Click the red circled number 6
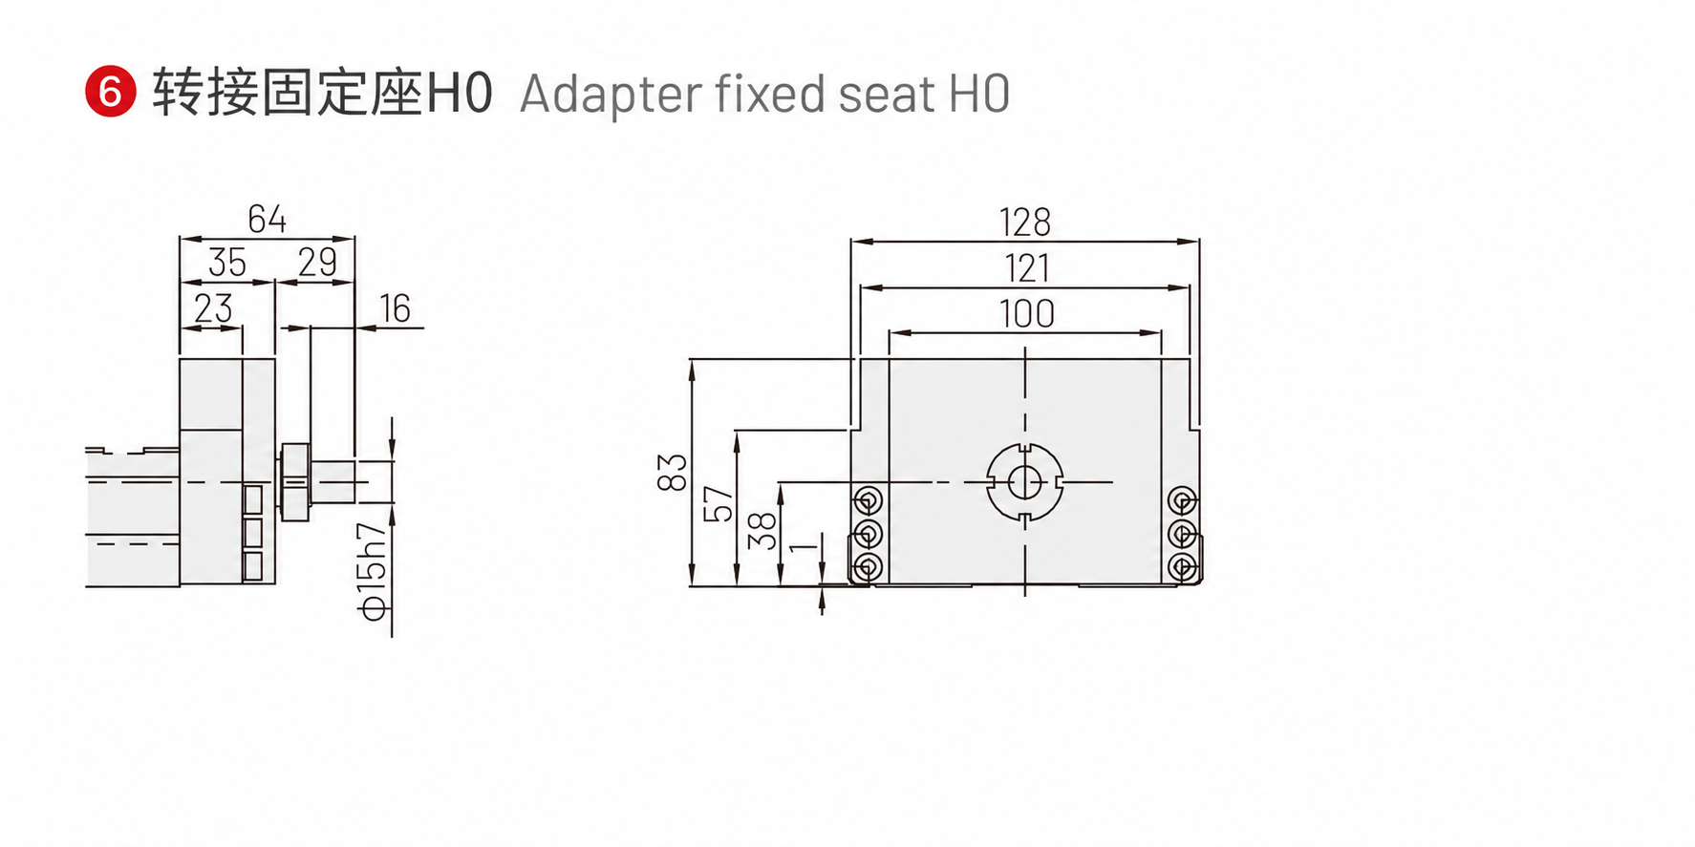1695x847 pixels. [111, 93]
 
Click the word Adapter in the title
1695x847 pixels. [611, 95]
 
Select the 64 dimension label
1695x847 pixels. [267, 219]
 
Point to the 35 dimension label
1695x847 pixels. [227, 262]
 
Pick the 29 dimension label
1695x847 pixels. [317, 262]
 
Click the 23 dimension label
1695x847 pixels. [213, 308]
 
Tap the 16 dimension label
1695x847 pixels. [395, 308]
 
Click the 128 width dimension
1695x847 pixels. [1025, 222]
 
